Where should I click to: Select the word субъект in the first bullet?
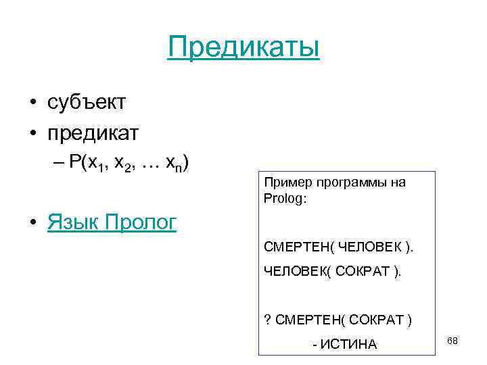[87, 103]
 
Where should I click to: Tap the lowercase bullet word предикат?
[93, 132]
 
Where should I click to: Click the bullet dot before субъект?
[32, 103]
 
